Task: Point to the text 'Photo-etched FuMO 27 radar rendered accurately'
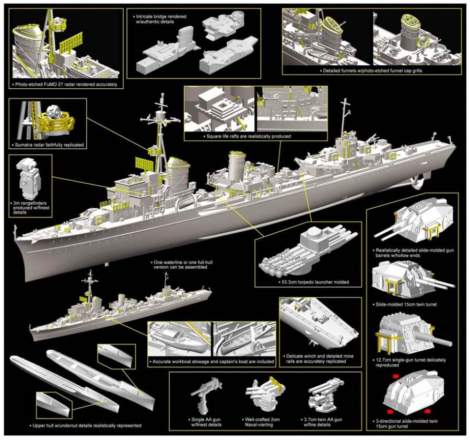point(65,84)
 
